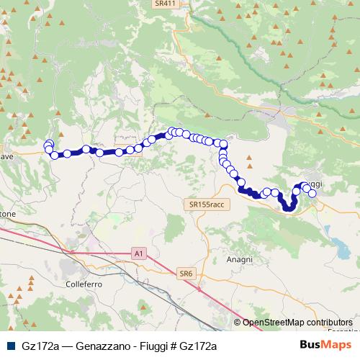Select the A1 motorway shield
(x=139, y=253)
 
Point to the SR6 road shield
(x=186, y=273)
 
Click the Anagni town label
(x=239, y=259)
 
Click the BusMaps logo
(x=325, y=345)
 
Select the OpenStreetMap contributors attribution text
(x=297, y=323)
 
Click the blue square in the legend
(x=10, y=346)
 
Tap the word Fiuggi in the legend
(x=146, y=346)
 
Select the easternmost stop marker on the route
(x=312, y=193)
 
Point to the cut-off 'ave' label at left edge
(x=6, y=156)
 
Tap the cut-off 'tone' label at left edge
(x=7, y=215)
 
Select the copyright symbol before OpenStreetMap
(x=238, y=323)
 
